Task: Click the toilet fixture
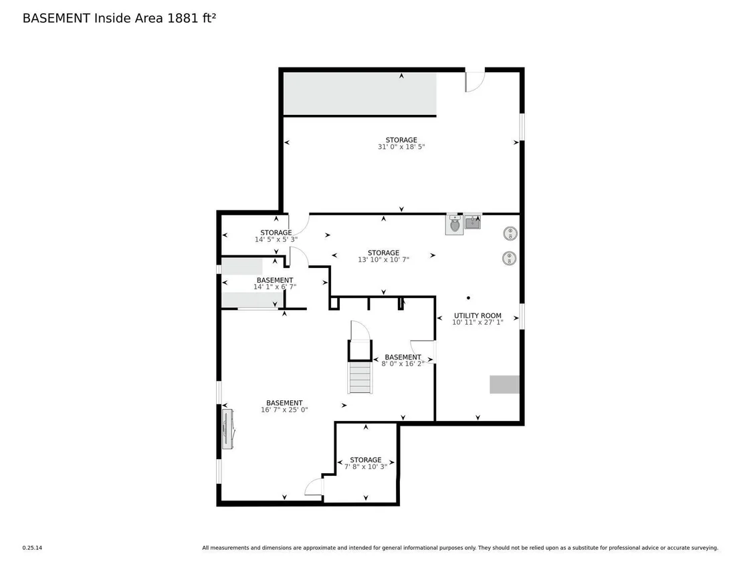point(454,225)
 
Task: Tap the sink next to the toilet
point(473,222)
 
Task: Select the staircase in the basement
point(360,378)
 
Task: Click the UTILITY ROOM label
point(478,315)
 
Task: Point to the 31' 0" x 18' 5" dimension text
point(401,147)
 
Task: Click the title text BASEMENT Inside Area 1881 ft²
point(120,18)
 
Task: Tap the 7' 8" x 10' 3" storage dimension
point(366,466)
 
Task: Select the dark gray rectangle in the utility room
point(505,384)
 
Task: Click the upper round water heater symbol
point(510,233)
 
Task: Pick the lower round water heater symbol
point(509,259)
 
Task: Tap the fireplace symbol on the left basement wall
point(229,429)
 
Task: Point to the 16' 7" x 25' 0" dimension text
point(284,410)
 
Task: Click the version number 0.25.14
point(32,548)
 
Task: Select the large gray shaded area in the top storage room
point(360,94)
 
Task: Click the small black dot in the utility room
point(468,298)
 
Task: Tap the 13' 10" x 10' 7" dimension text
point(383,260)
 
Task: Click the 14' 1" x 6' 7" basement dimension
point(275,287)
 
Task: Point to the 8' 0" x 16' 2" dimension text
point(403,364)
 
